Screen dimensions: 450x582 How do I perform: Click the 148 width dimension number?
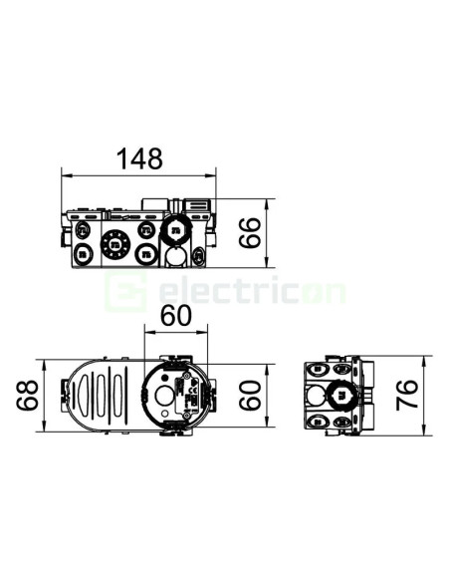click(139, 158)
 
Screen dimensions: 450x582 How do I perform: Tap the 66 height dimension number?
click(250, 233)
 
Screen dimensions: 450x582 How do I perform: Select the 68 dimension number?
click(27, 395)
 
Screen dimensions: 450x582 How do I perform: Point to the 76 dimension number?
click(406, 396)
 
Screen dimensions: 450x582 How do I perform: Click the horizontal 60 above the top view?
click(176, 316)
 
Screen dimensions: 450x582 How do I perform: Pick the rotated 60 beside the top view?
click(250, 396)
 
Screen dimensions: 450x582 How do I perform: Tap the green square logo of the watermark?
click(125, 291)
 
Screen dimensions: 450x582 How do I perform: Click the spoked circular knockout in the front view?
click(115, 244)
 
